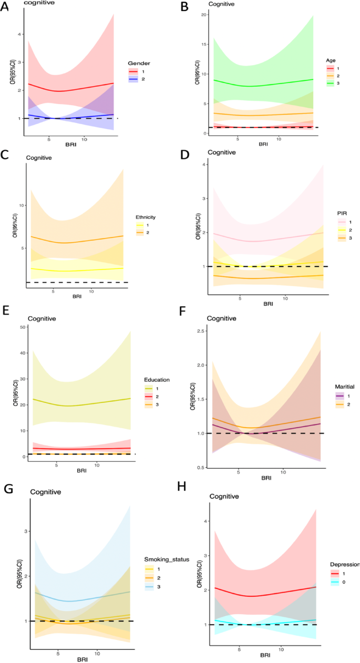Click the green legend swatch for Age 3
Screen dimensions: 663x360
(x=331, y=83)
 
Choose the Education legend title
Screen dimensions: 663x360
(x=157, y=379)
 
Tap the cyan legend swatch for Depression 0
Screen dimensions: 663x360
(x=335, y=582)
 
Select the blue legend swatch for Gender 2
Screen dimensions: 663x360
(x=133, y=78)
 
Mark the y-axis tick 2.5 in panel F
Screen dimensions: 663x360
(x=201, y=331)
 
